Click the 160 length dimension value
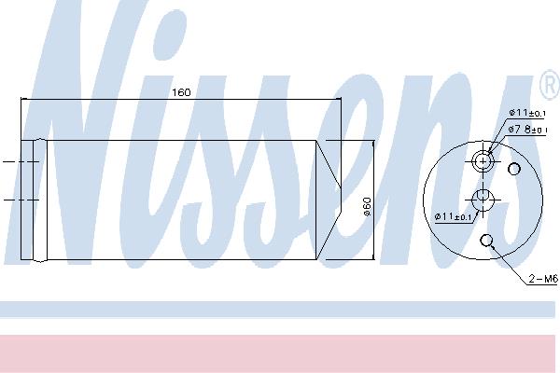(181, 93)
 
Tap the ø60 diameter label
(368, 207)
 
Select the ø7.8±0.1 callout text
(528, 130)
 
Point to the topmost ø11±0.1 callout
(527, 113)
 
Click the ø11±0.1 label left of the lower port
(454, 216)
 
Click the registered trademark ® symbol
(550, 85)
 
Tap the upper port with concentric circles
(483, 161)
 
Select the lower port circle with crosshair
(483, 200)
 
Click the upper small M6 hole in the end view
(514, 169)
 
